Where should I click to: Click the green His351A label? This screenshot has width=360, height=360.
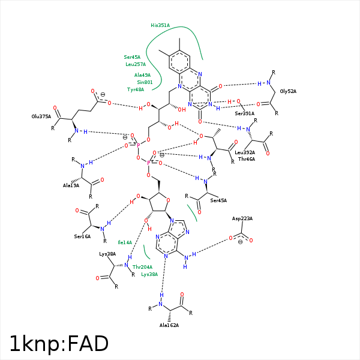pos(160,25)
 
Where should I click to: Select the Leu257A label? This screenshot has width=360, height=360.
pos(136,64)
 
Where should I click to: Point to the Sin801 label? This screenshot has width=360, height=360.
pos(145,82)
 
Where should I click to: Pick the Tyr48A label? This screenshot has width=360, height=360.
pos(136,89)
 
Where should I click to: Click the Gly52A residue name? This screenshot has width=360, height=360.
pos(288,91)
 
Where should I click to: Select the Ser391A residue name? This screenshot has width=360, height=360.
pos(244,113)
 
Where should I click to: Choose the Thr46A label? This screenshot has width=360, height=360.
pos(247,159)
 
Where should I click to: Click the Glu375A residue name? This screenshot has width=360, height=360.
pos(41,116)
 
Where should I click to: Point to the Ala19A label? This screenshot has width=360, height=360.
pos(72,186)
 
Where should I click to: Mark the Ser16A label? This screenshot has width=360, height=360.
pos(83,236)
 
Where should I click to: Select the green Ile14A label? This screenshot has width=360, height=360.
pos(125,242)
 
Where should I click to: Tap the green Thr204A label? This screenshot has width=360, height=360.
pos(142,267)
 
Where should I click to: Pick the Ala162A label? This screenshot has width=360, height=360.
pos(169,325)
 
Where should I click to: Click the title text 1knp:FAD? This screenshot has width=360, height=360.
pos(59,343)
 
